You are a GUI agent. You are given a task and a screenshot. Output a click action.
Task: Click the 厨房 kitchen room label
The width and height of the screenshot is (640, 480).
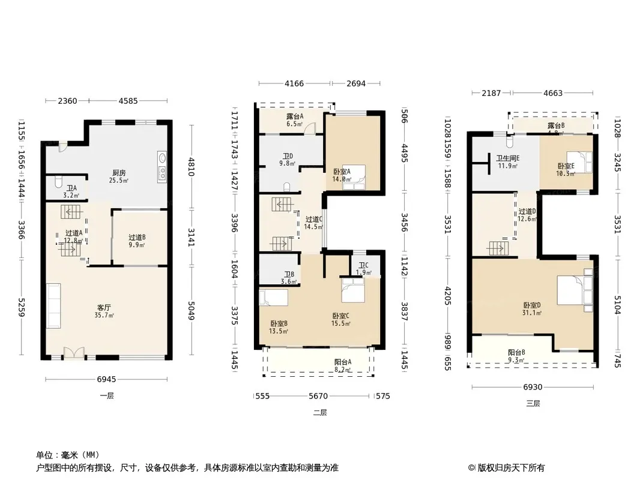click(x=118, y=173)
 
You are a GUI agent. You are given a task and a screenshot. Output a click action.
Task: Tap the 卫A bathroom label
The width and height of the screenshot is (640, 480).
click(x=71, y=187)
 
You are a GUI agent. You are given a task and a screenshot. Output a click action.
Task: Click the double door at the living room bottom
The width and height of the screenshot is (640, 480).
click(x=73, y=353)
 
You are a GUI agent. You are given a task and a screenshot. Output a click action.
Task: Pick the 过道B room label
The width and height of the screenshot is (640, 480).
click(x=137, y=237)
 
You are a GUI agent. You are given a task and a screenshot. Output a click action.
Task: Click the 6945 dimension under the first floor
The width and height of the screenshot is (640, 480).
click(x=106, y=379)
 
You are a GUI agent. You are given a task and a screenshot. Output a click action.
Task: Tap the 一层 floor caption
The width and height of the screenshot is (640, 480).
click(x=107, y=396)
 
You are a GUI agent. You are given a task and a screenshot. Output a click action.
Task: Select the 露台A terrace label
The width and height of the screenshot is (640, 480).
click(x=294, y=116)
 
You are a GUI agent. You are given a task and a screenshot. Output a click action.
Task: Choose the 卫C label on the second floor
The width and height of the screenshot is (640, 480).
click(x=363, y=266)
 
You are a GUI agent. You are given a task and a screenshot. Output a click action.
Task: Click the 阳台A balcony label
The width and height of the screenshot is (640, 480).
click(x=343, y=362)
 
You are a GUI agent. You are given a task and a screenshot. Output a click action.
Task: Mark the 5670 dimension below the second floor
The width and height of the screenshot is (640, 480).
click(x=318, y=396)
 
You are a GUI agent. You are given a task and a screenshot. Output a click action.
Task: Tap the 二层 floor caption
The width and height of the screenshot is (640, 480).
click(x=320, y=413)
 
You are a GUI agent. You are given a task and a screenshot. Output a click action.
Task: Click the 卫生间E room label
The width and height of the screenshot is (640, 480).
click(x=507, y=158)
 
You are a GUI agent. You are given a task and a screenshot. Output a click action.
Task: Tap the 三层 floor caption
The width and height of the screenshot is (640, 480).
click(x=533, y=404)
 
